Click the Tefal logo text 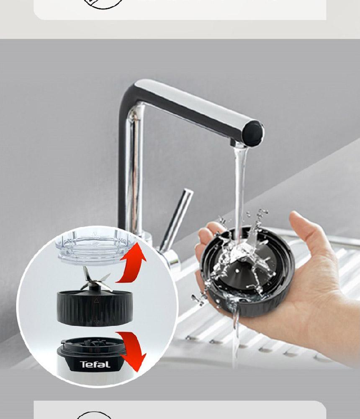coord(95,365)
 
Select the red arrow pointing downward coord(133,350)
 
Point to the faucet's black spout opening coord(253,133)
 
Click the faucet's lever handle coord(177,219)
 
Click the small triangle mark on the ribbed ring coord(96,300)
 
